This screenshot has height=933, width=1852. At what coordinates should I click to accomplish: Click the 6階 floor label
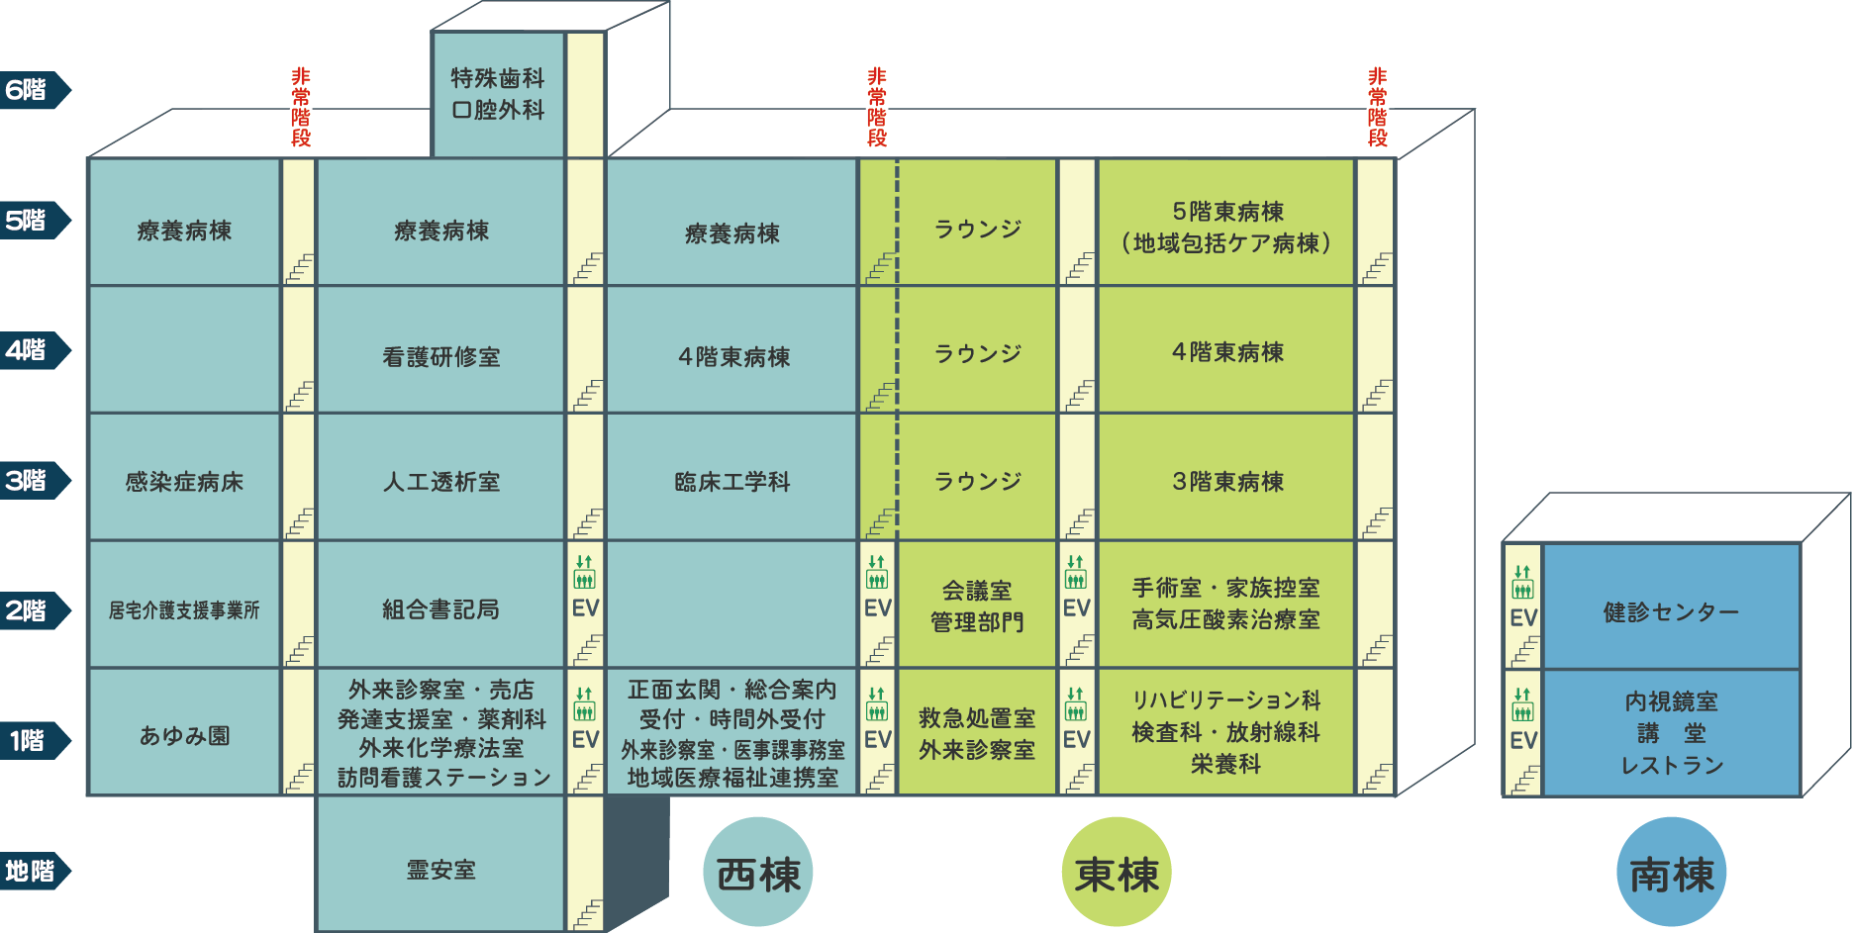point(35,90)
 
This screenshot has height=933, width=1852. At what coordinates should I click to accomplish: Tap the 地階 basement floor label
point(35,872)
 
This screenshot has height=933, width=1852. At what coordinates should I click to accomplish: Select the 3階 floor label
point(35,481)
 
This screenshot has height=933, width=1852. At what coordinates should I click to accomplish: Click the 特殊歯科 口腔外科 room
point(498,94)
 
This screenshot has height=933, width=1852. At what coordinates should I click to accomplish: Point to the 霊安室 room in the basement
point(440,864)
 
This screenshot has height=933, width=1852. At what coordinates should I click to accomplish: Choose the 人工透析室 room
point(440,477)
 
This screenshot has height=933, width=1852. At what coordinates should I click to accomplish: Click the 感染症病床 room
point(184,477)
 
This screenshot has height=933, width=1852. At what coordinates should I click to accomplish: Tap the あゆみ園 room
point(184,732)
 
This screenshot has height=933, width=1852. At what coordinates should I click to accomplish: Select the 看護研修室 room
point(440,349)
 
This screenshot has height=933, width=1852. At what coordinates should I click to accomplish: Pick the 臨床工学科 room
point(731,477)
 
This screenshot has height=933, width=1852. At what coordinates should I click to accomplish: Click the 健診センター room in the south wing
point(1671,606)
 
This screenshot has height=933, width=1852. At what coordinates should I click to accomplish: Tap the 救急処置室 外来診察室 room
point(977,732)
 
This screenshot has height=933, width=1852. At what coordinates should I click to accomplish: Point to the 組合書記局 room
point(440,605)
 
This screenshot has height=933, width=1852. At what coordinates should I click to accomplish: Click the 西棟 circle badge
point(758,872)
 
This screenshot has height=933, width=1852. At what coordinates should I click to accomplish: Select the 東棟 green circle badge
point(1117,872)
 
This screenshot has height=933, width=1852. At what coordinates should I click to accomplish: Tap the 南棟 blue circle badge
point(1672,872)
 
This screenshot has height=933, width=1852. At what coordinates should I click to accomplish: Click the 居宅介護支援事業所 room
point(184,605)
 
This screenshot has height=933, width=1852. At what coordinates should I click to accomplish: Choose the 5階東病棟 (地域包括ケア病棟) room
point(1226,223)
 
